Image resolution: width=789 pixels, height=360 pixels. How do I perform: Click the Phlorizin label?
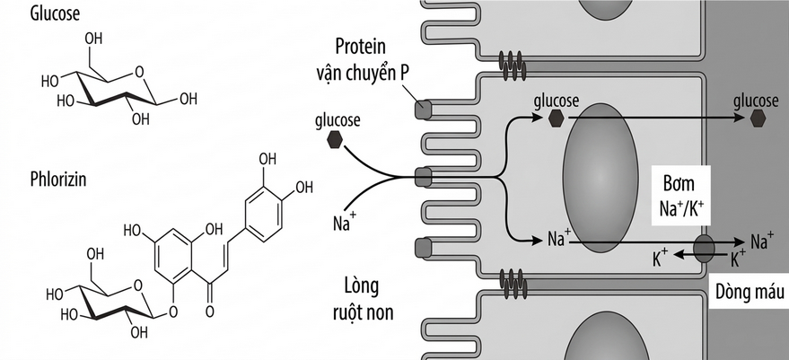(x=57, y=180)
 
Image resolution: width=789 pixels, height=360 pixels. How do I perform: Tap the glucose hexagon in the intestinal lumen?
(x=335, y=139)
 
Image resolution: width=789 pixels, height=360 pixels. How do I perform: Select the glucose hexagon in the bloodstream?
(x=758, y=119)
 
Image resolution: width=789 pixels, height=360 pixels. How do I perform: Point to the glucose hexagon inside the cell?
(x=556, y=119)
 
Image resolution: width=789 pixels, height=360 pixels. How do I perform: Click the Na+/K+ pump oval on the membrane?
(x=704, y=248)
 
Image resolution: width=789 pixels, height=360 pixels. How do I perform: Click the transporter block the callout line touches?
(x=423, y=110)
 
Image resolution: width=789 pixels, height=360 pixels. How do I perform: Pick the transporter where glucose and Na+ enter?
(x=423, y=178)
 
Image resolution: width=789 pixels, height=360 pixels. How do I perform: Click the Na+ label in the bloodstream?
(x=762, y=241)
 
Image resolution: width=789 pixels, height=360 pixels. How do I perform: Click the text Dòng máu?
(x=750, y=292)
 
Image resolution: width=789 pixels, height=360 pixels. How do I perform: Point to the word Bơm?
(x=680, y=183)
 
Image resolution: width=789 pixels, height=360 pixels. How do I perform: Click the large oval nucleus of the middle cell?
(x=600, y=179)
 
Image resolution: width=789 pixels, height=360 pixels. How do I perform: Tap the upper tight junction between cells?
(x=513, y=65)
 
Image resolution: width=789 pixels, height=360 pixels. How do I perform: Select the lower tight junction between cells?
(x=513, y=284)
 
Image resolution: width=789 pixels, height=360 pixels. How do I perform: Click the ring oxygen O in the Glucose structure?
(x=139, y=73)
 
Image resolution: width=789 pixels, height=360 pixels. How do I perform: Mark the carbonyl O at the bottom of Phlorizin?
(x=210, y=312)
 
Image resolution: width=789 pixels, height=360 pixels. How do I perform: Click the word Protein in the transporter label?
(x=361, y=47)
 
